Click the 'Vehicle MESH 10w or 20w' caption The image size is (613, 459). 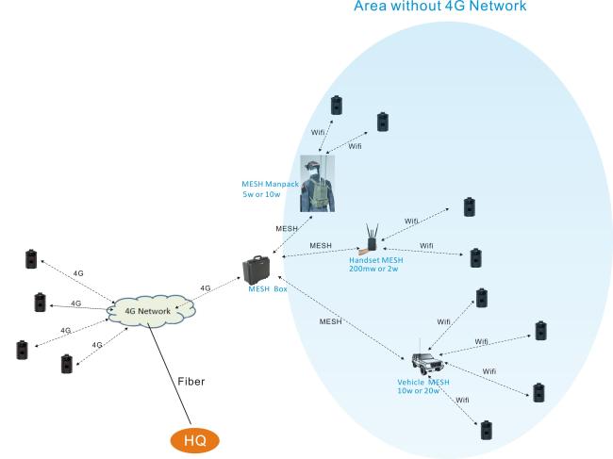(425, 387)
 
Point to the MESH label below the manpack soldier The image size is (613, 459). (288, 228)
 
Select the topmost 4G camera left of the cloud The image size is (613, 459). (30, 257)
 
